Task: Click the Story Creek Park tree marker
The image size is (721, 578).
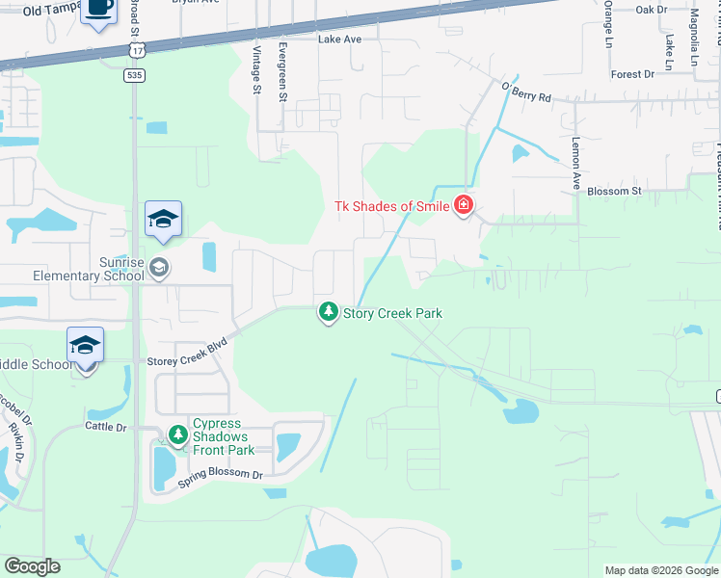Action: coord(329,312)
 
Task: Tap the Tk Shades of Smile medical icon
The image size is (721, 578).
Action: coord(464,205)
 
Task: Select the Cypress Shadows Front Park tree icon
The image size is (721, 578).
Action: coord(177,436)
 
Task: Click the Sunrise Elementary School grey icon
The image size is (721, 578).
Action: coord(160,268)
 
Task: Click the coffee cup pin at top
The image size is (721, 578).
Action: coord(98,10)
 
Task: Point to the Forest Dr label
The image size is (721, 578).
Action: coord(632,74)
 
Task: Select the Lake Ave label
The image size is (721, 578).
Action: coord(339,39)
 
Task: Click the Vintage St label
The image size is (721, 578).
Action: coord(256,69)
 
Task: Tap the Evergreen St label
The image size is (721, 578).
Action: coord(282,71)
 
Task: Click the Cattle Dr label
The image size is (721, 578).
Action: coord(106,426)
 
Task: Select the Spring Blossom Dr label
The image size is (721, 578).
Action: coord(220,475)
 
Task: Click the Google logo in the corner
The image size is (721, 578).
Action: coord(32,566)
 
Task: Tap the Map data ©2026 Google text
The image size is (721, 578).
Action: coord(661,570)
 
